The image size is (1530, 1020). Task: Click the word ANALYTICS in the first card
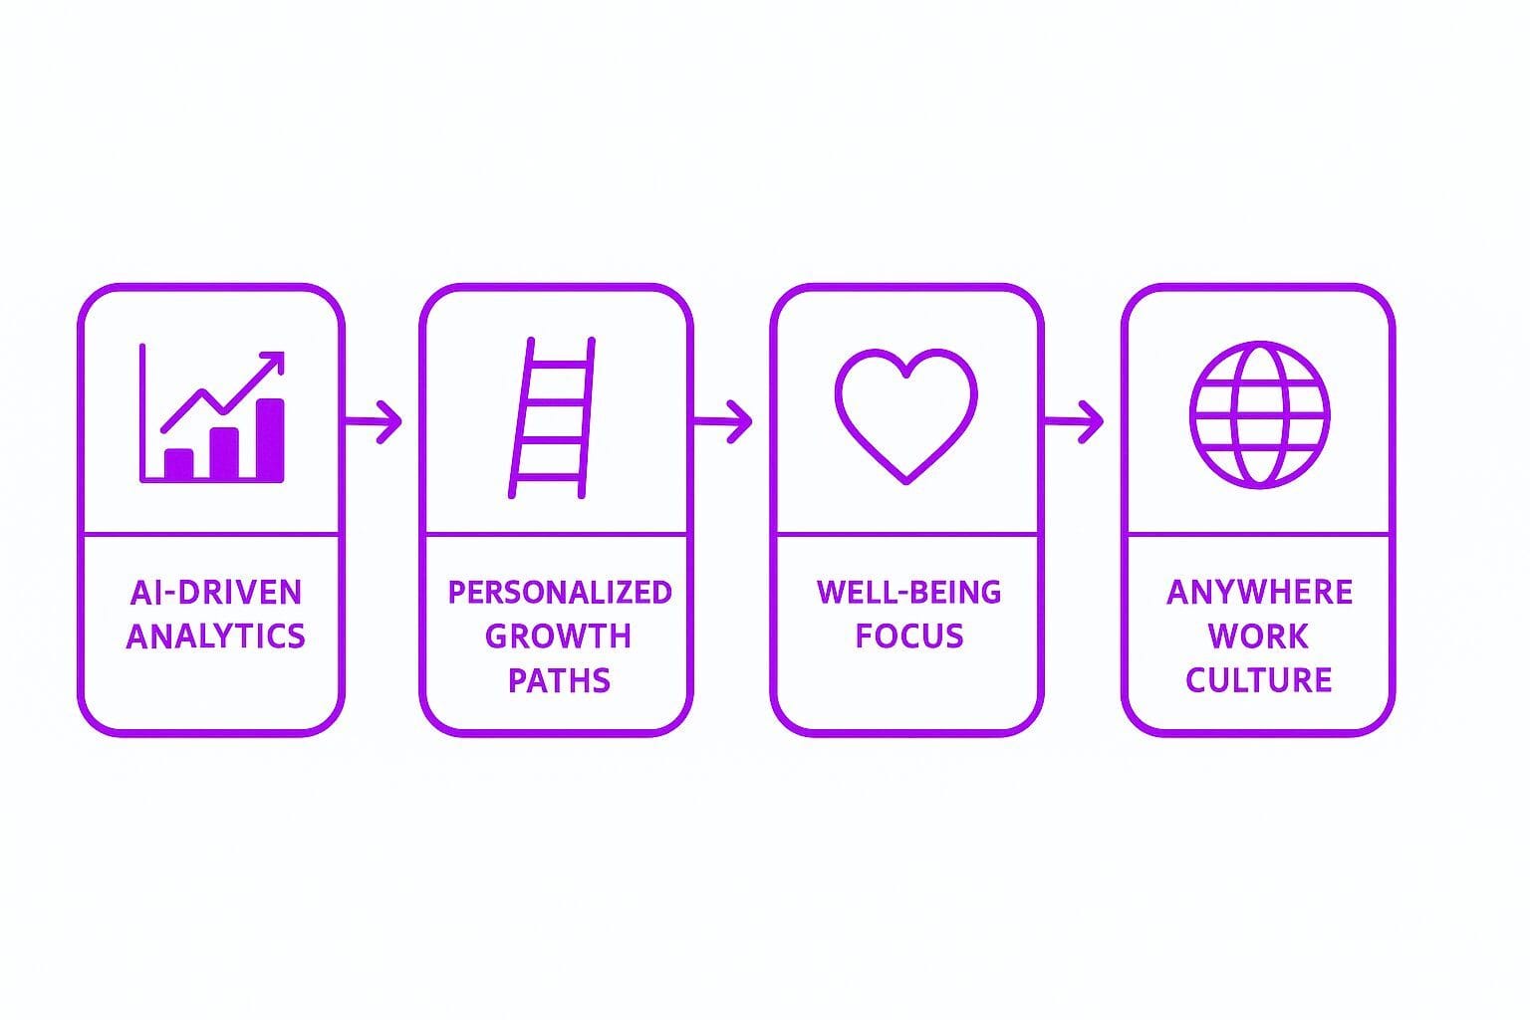tap(216, 637)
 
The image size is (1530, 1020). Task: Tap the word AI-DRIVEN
tap(216, 593)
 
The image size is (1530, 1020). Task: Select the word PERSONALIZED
tap(560, 593)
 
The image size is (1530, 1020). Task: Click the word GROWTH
tap(558, 637)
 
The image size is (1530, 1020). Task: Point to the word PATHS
tap(560, 680)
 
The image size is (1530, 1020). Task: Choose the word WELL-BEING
tap(909, 593)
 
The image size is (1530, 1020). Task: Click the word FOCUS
tap(909, 637)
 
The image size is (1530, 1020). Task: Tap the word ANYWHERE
tap(1259, 593)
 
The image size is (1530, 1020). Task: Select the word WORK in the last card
tap(1258, 637)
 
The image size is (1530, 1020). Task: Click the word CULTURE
tap(1259, 680)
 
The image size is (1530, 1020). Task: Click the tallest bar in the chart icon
tap(270, 440)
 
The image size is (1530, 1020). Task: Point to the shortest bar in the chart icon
tap(179, 464)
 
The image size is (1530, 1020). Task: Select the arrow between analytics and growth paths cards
tap(374, 421)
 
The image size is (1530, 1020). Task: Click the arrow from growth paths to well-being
tap(723, 421)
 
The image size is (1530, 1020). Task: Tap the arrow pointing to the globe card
tap(1075, 421)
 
